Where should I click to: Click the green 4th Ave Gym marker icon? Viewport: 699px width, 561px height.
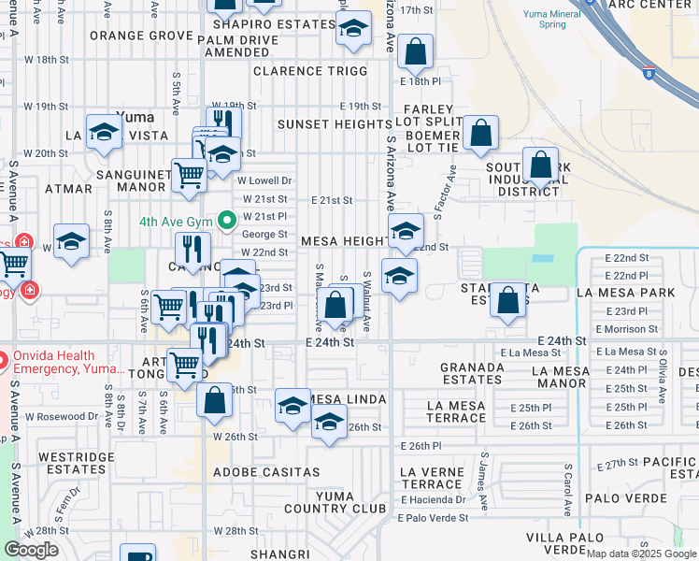(x=226, y=222)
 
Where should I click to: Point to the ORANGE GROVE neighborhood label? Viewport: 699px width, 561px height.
(x=141, y=36)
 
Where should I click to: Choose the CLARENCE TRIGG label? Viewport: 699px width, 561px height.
(x=313, y=71)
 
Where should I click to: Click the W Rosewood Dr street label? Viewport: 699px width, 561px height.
(x=62, y=417)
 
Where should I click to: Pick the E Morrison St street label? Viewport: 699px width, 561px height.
(x=626, y=329)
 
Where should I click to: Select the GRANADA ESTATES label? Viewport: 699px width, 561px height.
(x=472, y=373)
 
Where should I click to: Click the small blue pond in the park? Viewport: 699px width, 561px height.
(x=543, y=258)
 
